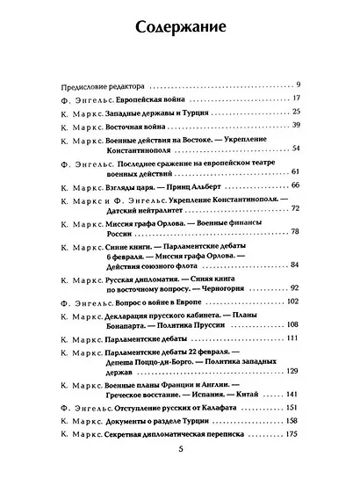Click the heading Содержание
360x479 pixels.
(179, 28)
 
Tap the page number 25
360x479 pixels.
(297, 112)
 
